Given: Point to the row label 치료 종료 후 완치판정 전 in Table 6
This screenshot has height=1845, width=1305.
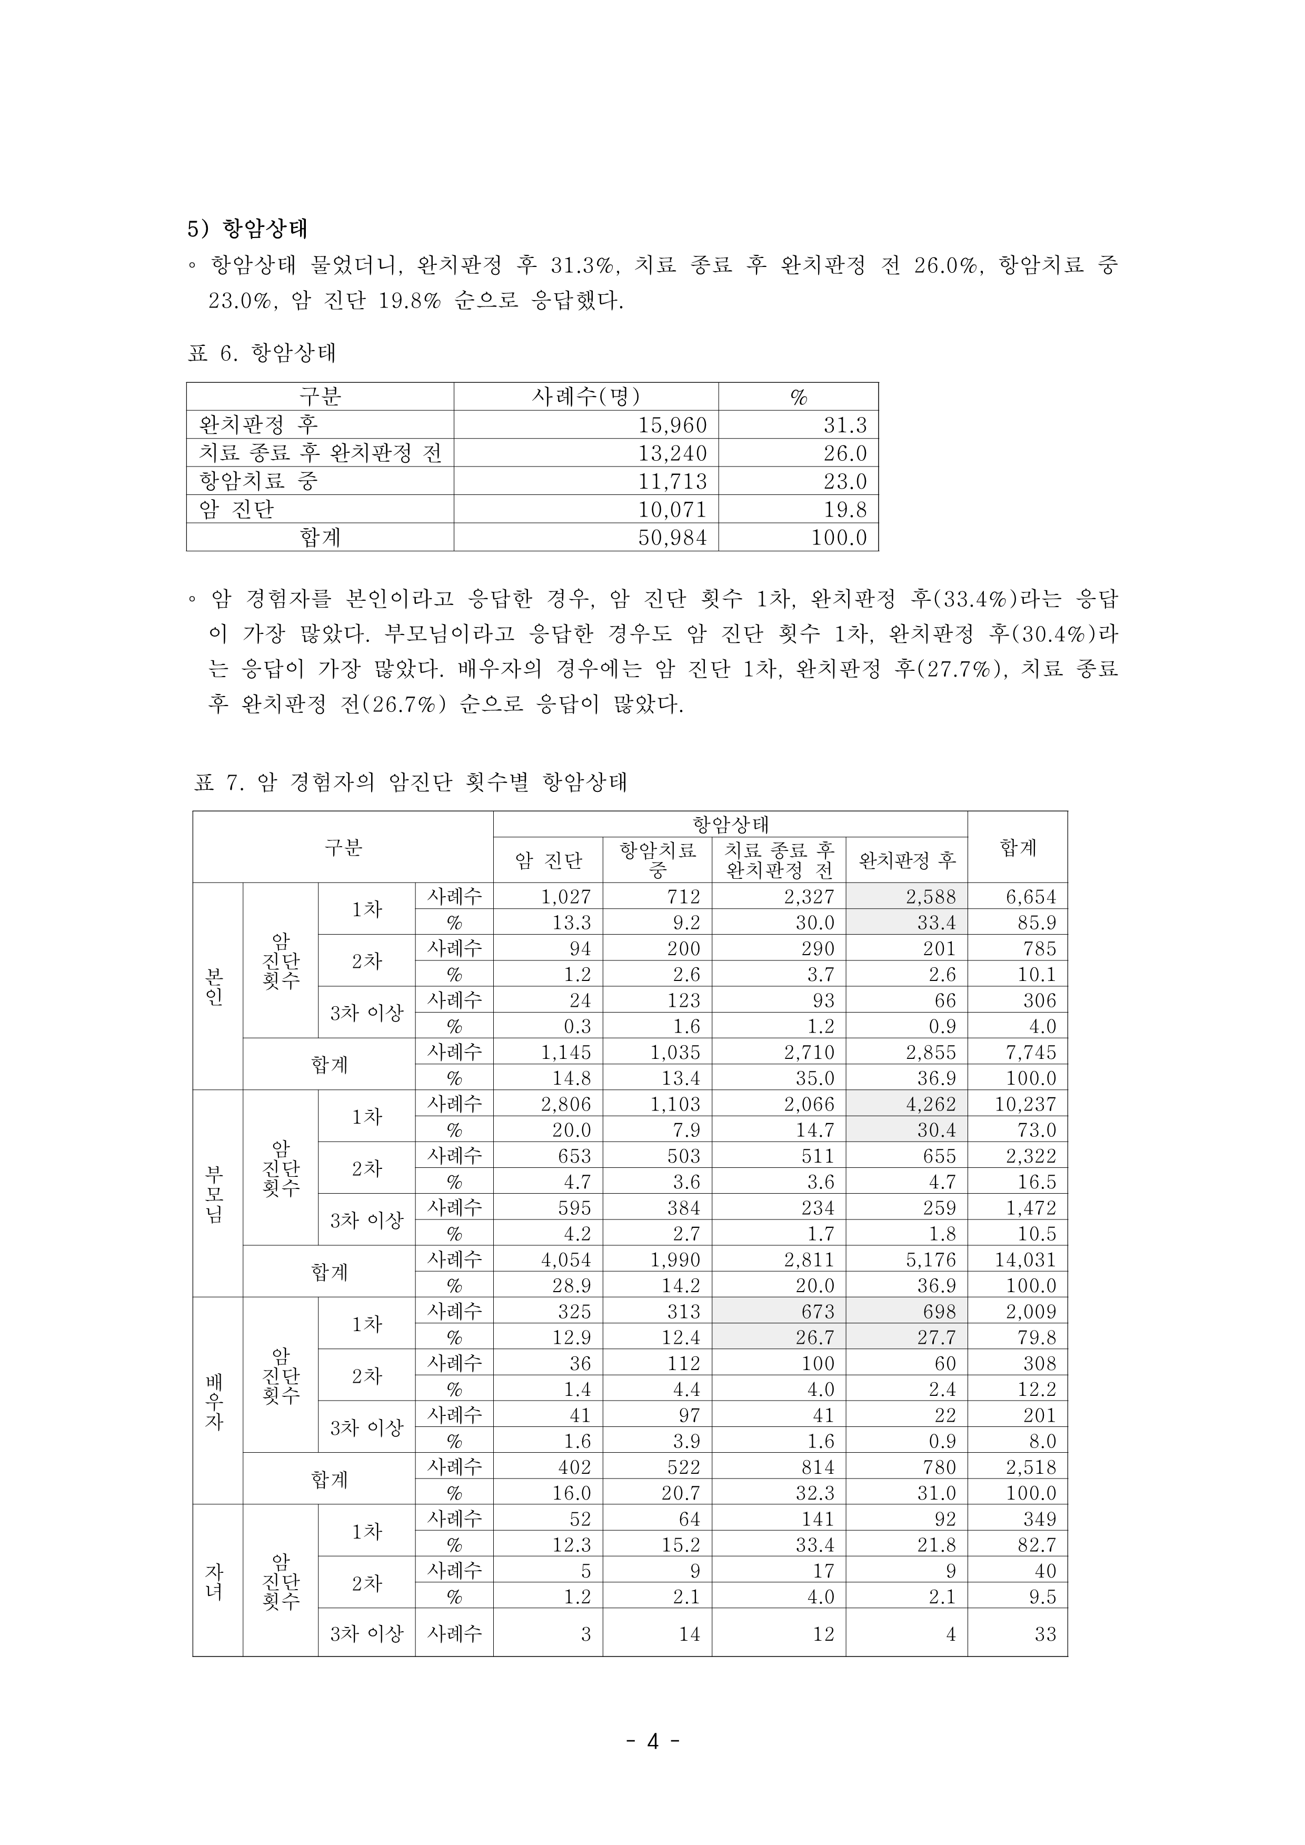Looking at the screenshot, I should tap(320, 453).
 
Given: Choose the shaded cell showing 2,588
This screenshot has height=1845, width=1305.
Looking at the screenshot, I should tap(931, 897).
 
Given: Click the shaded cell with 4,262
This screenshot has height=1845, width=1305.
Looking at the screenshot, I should tap(931, 1104).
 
